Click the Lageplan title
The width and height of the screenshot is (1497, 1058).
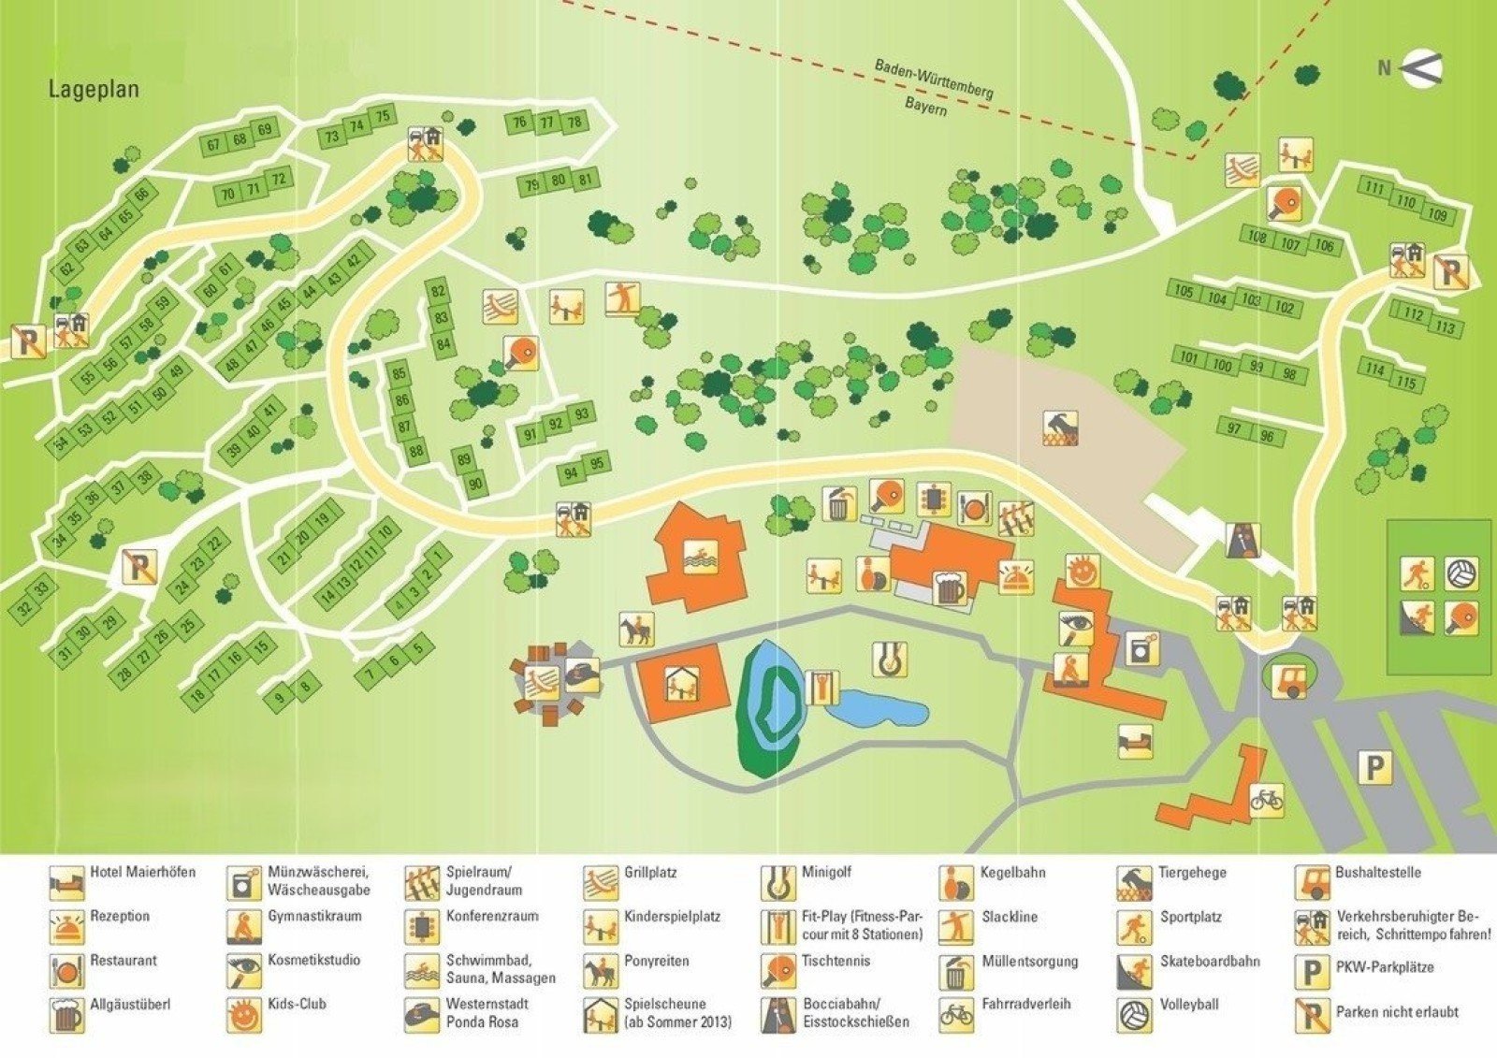click(94, 90)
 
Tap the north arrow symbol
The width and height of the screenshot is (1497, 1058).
click(1421, 67)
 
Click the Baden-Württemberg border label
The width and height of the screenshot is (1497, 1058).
click(933, 80)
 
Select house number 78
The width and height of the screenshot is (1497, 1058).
click(574, 122)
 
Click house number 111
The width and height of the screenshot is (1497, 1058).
click(1373, 189)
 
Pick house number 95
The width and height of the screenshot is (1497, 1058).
click(597, 462)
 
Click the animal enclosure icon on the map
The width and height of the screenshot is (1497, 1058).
click(1061, 428)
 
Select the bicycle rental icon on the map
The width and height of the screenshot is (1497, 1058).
click(1267, 800)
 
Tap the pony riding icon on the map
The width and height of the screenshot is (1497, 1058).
click(635, 630)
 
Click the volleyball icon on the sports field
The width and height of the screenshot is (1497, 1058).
click(1461, 572)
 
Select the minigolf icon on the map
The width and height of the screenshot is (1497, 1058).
click(889, 659)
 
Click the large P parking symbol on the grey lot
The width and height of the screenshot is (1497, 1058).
click(1373, 768)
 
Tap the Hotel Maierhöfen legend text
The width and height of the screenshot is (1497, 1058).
click(142, 872)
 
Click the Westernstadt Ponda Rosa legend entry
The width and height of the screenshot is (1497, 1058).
click(487, 1012)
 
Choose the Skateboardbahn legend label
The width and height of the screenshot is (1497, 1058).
click(1210, 961)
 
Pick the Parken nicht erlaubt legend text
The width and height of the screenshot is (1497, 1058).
click(1397, 1011)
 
